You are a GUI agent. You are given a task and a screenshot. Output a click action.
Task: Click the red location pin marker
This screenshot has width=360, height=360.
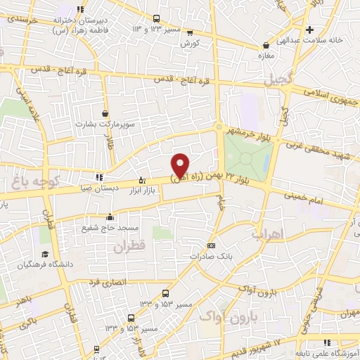coord(180,165)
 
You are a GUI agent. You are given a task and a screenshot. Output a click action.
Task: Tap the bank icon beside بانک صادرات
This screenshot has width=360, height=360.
coord(212,245)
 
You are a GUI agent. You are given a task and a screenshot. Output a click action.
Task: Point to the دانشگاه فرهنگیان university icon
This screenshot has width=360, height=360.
coord(44,254)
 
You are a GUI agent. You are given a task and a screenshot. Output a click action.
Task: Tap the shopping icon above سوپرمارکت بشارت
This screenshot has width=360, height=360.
coord(105,113)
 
